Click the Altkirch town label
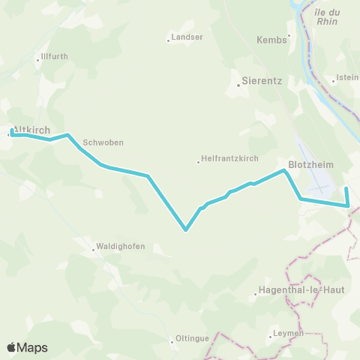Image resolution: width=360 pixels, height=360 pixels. pyautogui.click(x=33, y=129)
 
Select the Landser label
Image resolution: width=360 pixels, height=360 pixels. pyautogui.click(x=187, y=36)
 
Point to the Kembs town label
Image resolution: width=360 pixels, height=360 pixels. pyautogui.click(x=271, y=40)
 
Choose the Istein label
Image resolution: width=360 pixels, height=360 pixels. pyautogui.click(x=348, y=78)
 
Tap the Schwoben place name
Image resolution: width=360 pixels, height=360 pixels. pyautogui.click(x=103, y=142)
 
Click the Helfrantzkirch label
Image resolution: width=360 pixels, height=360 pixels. pyautogui.click(x=228, y=160)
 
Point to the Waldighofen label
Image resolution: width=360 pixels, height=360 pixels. pyautogui.click(x=120, y=246)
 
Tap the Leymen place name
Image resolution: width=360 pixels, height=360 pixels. pyautogui.click(x=289, y=333)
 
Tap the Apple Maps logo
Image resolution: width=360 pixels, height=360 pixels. pyautogui.click(x=27, y=348)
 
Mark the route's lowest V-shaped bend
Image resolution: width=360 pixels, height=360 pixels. pyautogui.click(x=185, y=230)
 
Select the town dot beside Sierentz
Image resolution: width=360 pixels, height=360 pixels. pyautogui.click(x=238, y=85)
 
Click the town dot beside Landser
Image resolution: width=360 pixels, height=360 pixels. pyautogui.click(x=168, y=40)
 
